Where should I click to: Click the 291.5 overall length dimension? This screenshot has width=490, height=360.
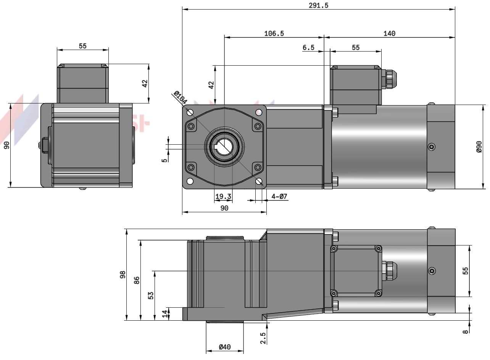[319, 5]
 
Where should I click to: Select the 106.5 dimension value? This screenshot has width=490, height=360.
[274, 34]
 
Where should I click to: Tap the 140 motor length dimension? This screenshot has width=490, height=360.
[389, 34]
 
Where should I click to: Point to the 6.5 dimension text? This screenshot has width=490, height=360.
[308, 48]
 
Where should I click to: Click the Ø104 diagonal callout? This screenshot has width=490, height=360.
[180, 98]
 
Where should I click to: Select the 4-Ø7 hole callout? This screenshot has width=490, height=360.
[279, 197]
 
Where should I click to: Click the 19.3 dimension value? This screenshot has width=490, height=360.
[223, 197]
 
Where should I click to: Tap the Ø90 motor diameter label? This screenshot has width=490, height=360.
[479, 147]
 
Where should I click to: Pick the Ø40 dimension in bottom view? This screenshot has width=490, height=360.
[225, 347]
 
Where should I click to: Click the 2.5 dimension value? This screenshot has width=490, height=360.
[263, 338]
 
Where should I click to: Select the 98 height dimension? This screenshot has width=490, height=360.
[122, 274]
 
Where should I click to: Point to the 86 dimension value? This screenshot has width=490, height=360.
[137, 280]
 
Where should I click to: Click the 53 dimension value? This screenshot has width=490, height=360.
[151, 295]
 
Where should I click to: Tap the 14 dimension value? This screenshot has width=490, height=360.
[165, 313]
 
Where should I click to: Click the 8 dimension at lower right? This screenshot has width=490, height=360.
[465, 331]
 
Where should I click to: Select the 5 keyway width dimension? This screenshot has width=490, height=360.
[164, 160]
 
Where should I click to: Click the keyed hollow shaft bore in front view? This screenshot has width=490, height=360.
[225, 147]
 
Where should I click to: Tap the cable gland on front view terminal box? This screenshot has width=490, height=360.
[390, 79]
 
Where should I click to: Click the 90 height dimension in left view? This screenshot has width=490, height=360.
[6, 145]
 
